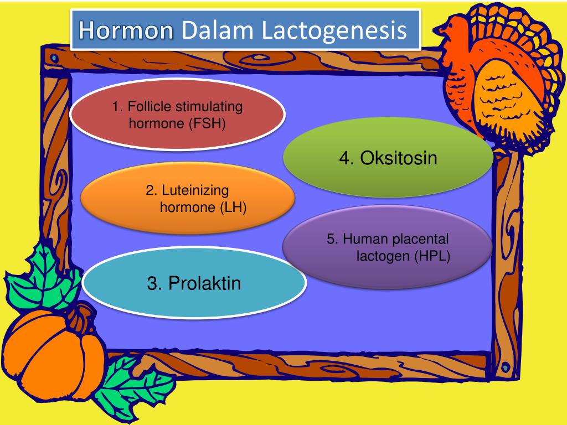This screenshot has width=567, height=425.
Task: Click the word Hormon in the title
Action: click(125, 30)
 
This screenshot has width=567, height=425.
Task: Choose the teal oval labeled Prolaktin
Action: click(194, 284)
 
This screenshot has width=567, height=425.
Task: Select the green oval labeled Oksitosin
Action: click(388, 158)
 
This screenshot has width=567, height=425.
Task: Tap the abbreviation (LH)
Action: click(233, 208)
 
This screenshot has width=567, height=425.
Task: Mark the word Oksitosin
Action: click(399, 158)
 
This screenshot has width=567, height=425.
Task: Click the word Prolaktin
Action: click(205, 284)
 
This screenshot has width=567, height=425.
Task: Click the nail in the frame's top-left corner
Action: click(54, 57)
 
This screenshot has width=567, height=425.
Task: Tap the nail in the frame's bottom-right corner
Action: click(505, 366)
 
